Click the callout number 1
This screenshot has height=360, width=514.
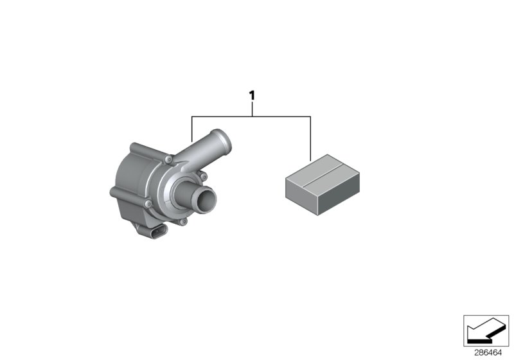[252, 95]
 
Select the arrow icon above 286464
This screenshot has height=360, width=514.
[486, 330]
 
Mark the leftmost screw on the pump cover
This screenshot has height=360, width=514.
[150, 204]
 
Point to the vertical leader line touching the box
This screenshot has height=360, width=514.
[311, 138]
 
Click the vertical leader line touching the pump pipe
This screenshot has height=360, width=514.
[192, 129]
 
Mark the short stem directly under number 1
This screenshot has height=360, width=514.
[252, 109]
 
